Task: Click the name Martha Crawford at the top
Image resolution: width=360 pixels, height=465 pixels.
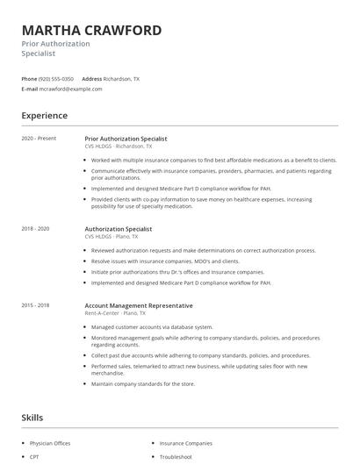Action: [x=91, y=31]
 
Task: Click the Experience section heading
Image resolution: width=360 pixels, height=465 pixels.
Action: [x=44, y=116]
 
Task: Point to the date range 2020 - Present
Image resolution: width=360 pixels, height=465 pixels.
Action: [x=38, y=139]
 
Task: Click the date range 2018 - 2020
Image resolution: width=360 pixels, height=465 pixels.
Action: [x=35, y=229]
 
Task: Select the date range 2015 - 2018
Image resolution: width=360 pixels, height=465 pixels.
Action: [x=35, y=305]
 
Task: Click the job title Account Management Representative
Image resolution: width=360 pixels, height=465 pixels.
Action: [x=139, y=305]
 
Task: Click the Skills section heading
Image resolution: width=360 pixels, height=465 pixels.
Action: [x=32, y=418]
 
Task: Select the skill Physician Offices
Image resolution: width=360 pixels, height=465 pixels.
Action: [x=50, y=443]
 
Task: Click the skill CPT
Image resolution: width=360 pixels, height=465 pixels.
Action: [x=35, y=457]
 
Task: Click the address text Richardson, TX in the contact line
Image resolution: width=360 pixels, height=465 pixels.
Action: [x=121, y=79]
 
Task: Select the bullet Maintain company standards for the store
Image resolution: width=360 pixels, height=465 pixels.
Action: [x=143, y=383]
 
